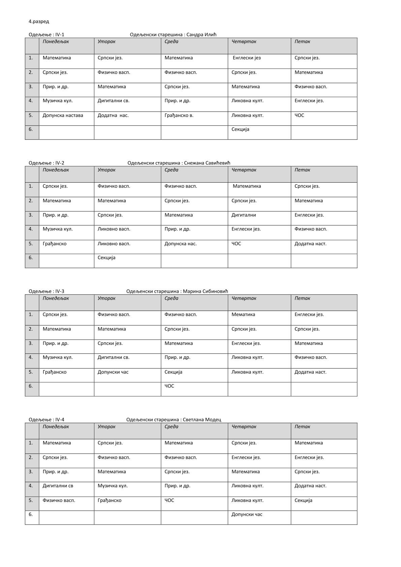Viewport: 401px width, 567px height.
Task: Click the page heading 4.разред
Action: tap(39, 22)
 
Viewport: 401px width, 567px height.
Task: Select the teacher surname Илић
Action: tap(210, 35)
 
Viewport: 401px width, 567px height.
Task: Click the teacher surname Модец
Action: tap(213, 420)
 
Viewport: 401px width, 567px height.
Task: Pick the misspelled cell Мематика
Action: tap(243, 315)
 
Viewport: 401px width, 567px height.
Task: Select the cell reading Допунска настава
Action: tap(63, 116)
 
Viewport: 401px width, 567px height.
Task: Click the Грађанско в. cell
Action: tap(179, 116)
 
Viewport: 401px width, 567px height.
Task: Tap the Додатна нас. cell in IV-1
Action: tap(113, 116)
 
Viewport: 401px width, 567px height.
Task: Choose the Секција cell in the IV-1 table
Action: tap(240, 129)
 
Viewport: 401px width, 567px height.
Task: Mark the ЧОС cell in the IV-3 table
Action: tap(169, 386)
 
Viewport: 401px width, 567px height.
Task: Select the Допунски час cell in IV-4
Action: tap(247, 514)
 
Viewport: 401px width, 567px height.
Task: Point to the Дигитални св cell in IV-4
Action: tap(58, 486)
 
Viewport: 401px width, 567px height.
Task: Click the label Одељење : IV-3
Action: tap(46, 291)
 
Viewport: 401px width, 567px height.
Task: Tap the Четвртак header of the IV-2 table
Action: tap(244, 170)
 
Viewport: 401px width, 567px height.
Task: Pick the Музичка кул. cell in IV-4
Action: tap(113, 486)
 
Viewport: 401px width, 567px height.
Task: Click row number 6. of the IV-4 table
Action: tap(31, 514)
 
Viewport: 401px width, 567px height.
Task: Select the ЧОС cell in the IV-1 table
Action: tap(299, 116)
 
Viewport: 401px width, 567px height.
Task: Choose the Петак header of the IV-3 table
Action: tap(302, 298)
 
